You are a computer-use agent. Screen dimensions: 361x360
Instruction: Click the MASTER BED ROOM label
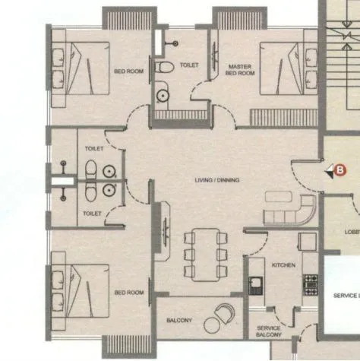tap(240, 70)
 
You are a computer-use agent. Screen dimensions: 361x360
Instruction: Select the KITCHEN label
tap(283, 264)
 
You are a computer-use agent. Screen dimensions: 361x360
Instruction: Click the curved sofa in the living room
tap(292, 210)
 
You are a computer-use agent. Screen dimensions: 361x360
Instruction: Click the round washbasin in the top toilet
tap(163, 96)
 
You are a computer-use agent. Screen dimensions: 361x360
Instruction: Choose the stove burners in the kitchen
tap(310, 283)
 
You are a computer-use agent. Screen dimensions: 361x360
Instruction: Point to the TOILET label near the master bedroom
tap(189, 65)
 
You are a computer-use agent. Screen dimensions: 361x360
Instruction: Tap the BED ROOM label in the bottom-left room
tap(128, 292)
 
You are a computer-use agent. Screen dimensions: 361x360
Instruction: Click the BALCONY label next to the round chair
tap(179, 321)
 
